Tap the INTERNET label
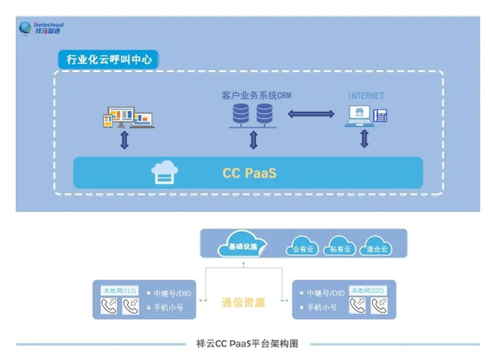coord(365,96)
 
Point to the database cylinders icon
coord(253,115)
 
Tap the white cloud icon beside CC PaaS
coord(164,172)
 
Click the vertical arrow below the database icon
coord(253,140)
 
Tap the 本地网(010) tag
coord(118,290)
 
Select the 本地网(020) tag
coord(368,290)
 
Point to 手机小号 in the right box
coord(321,307)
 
